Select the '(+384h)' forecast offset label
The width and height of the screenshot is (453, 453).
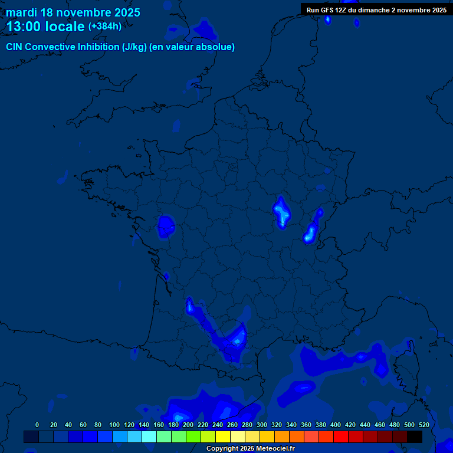[x=105, y=27]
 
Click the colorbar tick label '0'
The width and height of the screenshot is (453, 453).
[x=37, y=425]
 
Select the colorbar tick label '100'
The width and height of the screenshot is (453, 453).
[x=114, y=425]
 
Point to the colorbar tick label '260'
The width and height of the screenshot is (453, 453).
[x=232, y=425]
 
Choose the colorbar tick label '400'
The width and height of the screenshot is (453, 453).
[x=336, y=425]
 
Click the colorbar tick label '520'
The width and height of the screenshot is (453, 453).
[x=424, y=425]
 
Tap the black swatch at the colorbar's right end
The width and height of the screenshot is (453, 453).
[x=415, y=436]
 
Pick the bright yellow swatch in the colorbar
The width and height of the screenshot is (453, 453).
[x=223, y=436]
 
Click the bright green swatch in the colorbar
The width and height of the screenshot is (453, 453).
[x=193, y=436]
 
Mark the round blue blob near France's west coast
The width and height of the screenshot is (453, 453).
[x=166, y=225]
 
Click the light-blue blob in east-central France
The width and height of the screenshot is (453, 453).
[x=281, y=212]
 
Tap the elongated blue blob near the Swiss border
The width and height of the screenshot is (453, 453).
[x=311, y=230]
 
